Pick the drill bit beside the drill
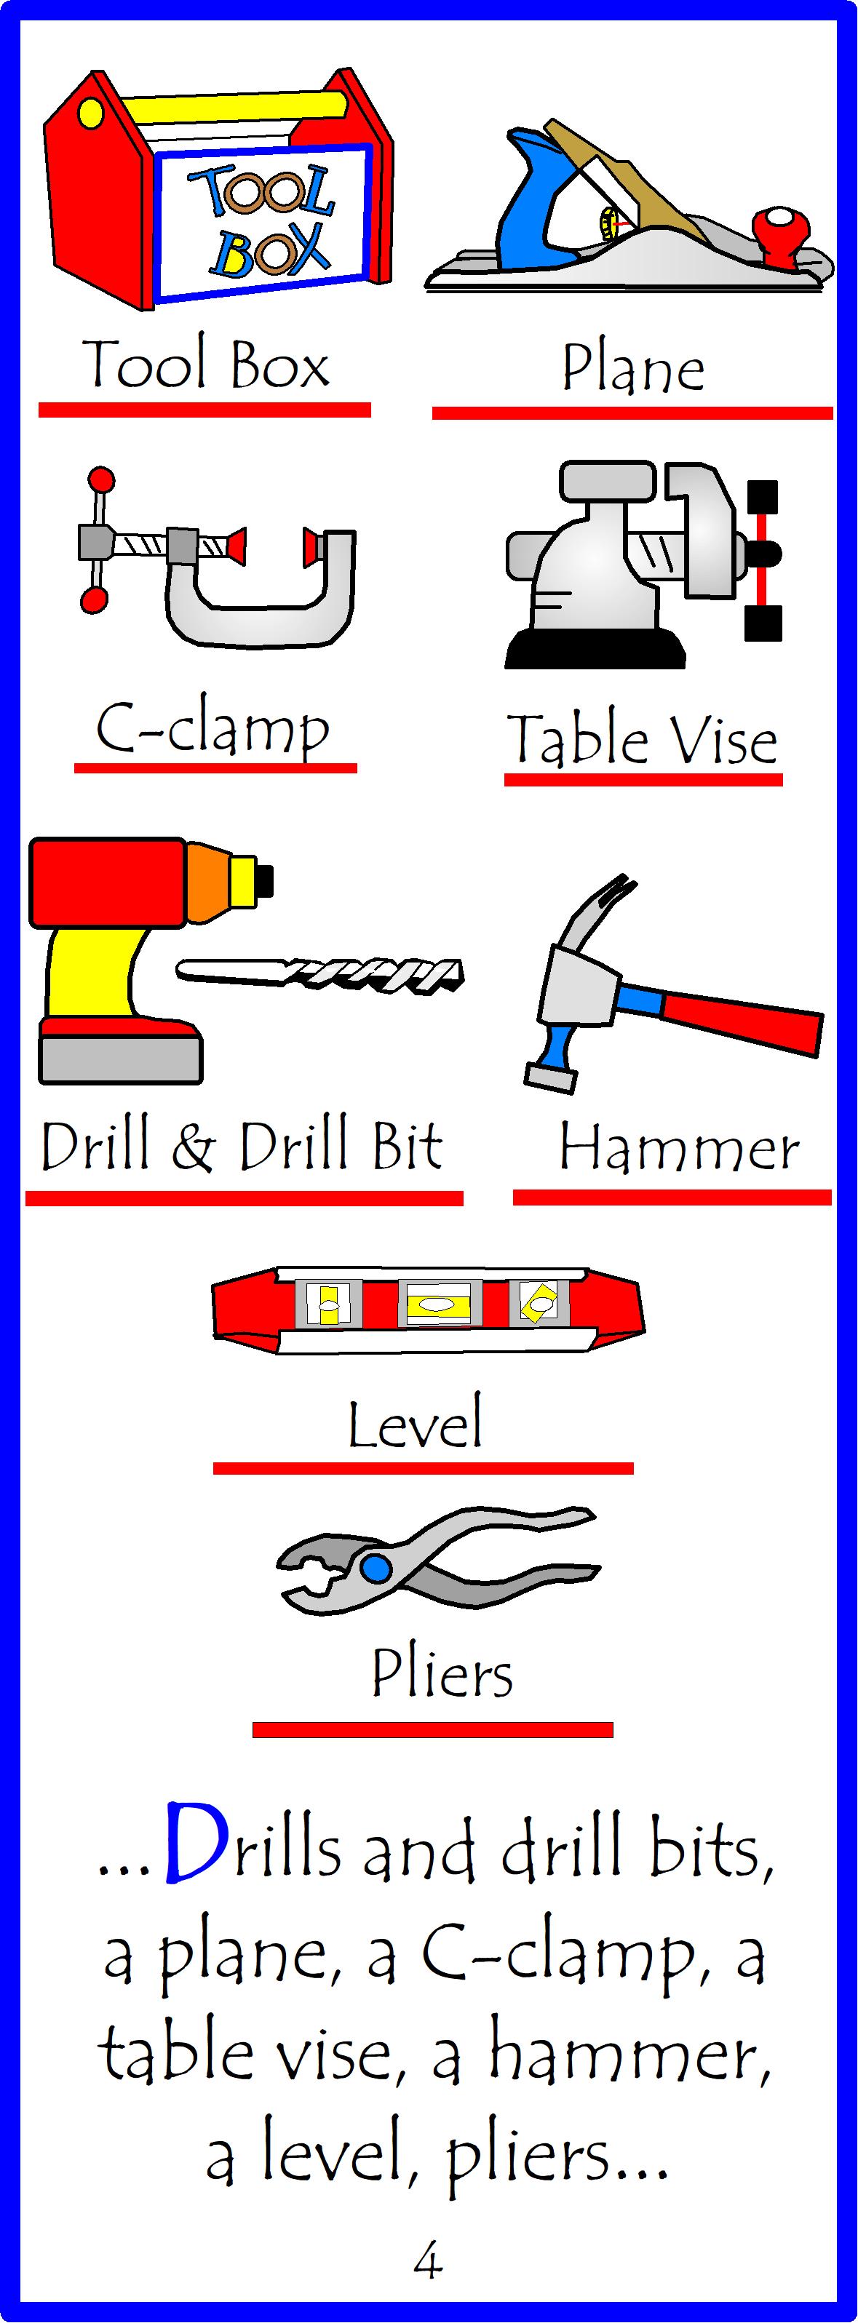[321, 974]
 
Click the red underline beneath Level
[423, 1468]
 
